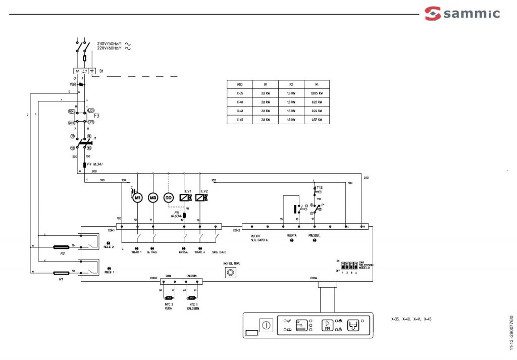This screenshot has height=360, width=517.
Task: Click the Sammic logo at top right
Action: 462,13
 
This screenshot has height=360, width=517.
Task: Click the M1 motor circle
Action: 138,198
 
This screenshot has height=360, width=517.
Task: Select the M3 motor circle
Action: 153,198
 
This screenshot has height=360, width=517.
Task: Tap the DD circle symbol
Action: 169,198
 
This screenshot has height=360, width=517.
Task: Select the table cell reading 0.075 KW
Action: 317,93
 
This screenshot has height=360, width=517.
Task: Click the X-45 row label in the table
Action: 240,120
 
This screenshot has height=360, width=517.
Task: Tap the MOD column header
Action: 240,84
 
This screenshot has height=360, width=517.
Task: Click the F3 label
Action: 96,116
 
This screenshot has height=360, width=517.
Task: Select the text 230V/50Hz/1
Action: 110,44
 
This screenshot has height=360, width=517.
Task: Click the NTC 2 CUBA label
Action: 168,306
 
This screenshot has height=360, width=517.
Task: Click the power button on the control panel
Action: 266,325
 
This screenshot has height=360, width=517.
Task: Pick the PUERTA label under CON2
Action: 292,236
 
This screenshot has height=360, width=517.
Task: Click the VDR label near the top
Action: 73,84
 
